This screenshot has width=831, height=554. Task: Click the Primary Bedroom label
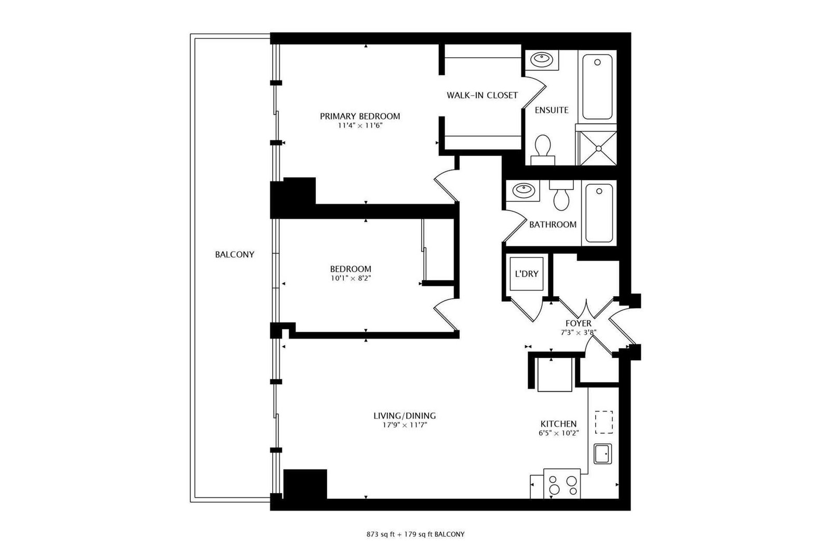(360, 116)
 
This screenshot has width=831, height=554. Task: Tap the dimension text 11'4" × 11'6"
(360, 125)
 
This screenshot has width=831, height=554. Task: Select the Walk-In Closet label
(482, 96)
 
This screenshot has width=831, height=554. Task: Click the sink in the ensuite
(542, 59)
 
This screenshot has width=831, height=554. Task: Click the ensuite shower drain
(598, 148)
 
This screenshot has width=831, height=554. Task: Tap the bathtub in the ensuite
(597, 87)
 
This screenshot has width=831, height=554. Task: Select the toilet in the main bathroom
(561, 195)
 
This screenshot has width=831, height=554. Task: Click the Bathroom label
(553, 225)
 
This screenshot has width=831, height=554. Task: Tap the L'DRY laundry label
(527, 274)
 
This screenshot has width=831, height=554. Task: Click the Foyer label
(579, 323)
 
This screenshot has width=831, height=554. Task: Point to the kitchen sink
(602, 454)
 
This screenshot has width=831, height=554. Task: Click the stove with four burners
(562, 483)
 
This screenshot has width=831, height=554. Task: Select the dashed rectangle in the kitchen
(604, 422)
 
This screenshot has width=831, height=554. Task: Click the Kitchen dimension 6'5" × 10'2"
(559, 433)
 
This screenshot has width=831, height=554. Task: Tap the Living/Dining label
(405, 416)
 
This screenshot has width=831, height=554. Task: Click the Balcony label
(235, 254)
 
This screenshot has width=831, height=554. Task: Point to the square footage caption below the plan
(415, 534)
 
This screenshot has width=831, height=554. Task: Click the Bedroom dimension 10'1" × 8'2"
(351, 278)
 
